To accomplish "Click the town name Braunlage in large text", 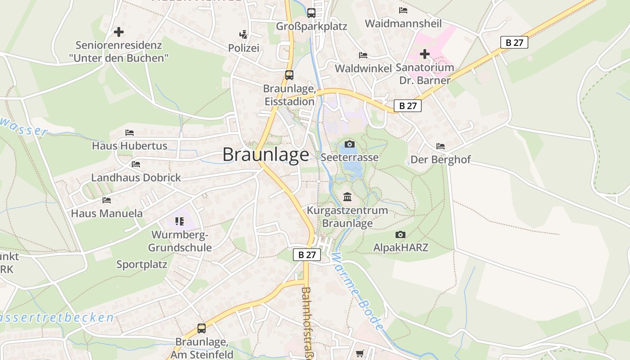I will pyautogui.click(x=266, y=155).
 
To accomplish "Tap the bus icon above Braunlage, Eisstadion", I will pyautogui.click(x=289, y=75).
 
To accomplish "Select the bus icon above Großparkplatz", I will pyautogui.click(x=311, y=13).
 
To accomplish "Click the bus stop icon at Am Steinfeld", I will pyautogui.click(x=201, y=328).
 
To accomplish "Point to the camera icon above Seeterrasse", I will pyautogui.click(x=349, y=144).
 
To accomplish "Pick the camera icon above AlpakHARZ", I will pyautogui.click(x=400, y=234).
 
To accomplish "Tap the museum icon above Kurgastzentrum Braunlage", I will pyautogui.click(x=347, y=197).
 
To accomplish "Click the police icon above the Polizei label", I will pyautogui.click(x=243, y=34).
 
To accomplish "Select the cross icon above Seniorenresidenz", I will pyautogui.click(x=119, y=32).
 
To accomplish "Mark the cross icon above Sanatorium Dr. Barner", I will pyautogui.click(x=424, y=54).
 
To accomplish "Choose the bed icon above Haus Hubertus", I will pyautogui.click(x=130, y=133).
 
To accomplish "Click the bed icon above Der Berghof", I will pyautogui.click(x=440, y=146).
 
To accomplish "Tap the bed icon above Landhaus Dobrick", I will pyautogui.click(x=136, y=164).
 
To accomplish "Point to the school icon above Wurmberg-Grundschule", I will pyautogui.click(x=180, y=221).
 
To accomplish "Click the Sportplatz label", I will pyautogui.click(x=142, y=265).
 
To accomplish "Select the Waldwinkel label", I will pyautogui.click(x=363, y=68).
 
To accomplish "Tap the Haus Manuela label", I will pyautogui.click(x=107, y=213).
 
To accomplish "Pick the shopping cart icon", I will pyautogui.click(x=360, y=354).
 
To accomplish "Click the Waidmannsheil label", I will pyautogui.click(x=403, y=23).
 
